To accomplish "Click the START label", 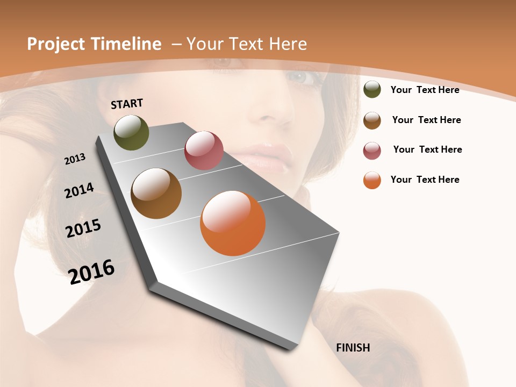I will [x=127, y=104].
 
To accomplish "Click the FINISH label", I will [x=353, y=348].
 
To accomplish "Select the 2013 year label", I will [x=75, y=159].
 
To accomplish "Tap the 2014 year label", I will [x=79, y=190].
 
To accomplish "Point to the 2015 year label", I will [x=83, y=228].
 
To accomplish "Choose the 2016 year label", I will [x=91, y=272].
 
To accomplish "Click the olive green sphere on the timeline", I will [x=131, y=132].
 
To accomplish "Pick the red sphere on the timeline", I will [x=204, y=150].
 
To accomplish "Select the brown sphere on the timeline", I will [x=156, y=193].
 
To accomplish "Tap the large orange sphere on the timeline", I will [x=233, y=223].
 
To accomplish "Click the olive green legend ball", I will [x=372, y=90].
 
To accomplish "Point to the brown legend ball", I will [x=372, y=120].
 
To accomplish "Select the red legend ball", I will [x=372, y=150].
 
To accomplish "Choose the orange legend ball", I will [x=372, y=180].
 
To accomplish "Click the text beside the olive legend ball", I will [x=425, y=90].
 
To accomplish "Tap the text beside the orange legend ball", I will [x=425, y=180].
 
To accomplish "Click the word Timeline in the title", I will [x=127, y=44].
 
